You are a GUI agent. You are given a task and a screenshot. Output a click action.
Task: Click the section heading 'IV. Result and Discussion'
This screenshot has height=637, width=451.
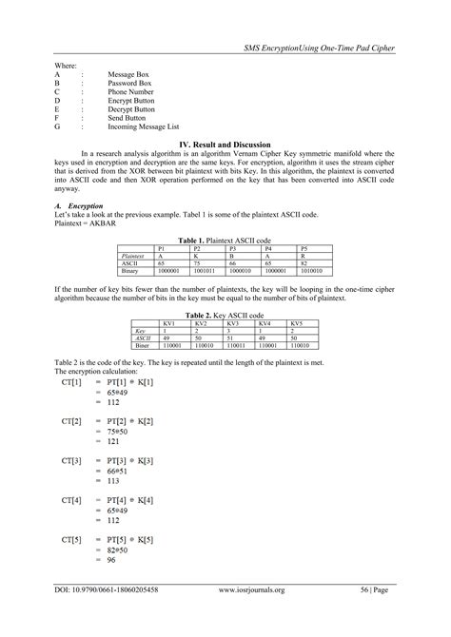click(225, 143)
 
